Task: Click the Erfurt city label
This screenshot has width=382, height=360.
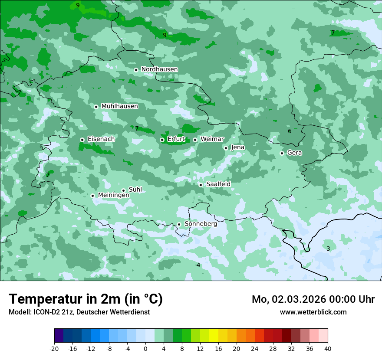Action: (176, 139)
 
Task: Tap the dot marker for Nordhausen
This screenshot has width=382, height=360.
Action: (136, 70)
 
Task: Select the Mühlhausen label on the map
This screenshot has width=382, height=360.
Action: (119, 106)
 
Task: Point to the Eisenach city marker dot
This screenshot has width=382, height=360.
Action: (82, 140)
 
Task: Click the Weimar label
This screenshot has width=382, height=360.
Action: (212, 139)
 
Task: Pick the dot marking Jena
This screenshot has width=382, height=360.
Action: (226, 148)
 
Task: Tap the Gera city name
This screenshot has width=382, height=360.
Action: (294, 153)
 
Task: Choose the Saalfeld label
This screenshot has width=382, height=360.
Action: (218, 184)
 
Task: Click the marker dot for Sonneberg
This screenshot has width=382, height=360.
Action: (179, 225)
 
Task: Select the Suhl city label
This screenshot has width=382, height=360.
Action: (135, 190)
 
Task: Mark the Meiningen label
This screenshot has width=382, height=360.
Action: (113, 195)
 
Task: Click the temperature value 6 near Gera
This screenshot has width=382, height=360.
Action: (290, 131)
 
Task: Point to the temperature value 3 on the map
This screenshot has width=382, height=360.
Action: (328, 249)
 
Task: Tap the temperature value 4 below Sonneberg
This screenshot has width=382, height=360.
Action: (198, 265)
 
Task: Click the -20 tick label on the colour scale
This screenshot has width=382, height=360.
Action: (54, 348)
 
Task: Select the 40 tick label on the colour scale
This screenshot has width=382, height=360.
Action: (328, 348)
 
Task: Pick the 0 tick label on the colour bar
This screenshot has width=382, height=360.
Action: (145, 348)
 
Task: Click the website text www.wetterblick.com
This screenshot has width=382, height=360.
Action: (313, 312)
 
